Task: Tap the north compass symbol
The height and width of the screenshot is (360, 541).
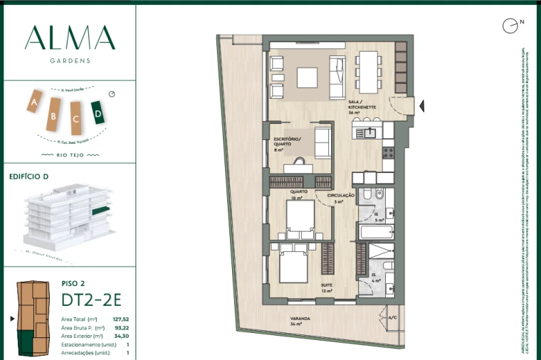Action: [x=510, y=26]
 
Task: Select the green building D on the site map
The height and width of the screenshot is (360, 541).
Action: [x=98, y=112]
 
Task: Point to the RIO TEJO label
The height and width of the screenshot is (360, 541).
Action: [x=68, y=153]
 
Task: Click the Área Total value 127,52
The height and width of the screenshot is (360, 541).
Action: [x=119, y=320]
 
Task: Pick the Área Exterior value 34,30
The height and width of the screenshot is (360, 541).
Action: [x=120, y=336]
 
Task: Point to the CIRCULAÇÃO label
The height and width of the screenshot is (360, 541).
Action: [x=341, y=195]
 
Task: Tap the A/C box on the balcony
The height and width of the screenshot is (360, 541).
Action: [x=392, y=318]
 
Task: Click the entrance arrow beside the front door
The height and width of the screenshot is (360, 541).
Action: [x=422, y=106]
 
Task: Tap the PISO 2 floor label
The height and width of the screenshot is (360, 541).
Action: [x=73, y=282]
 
